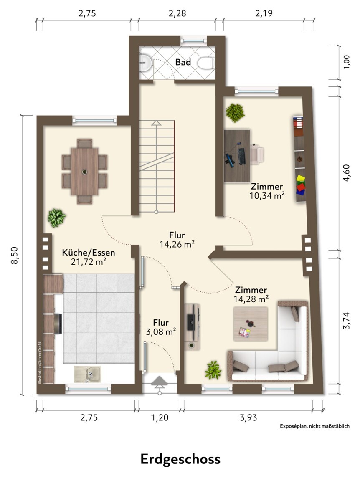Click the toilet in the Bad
point(206,63)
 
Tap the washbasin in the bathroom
point(145,63)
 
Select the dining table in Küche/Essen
point(85,171)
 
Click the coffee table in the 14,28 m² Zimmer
point(251,324)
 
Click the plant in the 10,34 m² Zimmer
point(235,112)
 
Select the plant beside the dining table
point(57,218)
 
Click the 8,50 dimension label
point(15,255)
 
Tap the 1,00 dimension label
point(346,62)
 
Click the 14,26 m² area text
point(177,244)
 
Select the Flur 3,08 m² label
point(161,327)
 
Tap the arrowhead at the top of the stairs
point(156,123)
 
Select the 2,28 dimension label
point(177,13)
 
